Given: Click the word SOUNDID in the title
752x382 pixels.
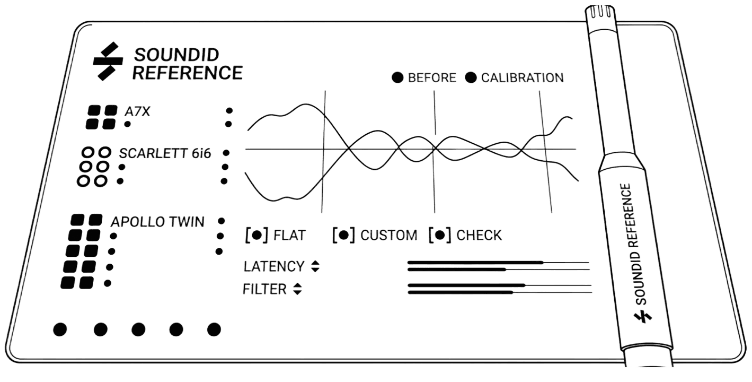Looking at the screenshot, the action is pyautogui.click(x=176, y=54).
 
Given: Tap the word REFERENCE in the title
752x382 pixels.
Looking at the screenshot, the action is pyautogui.click(x=187, y=73).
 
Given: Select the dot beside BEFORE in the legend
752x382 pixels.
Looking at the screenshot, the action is pyautogui.click(x=397, y=77).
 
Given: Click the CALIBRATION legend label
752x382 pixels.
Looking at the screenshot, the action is pyautogui.click(x=522, y=77).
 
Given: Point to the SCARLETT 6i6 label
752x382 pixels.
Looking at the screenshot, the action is pyautogui.click(x=165, y=153).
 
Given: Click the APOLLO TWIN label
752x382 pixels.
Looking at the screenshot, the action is pyautogui.click(x=157, y=222).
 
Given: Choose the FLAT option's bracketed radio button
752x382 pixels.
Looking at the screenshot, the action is pyautogui.click(x=257, y=234).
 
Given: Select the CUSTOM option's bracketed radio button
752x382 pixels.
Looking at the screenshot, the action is pyautogui.click(x=343, y=234).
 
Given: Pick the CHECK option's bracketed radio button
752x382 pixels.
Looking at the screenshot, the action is pyautogui.click(x=439, y=234).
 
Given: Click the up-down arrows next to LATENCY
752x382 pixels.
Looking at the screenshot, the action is pyautogui.click(x=315, y=266).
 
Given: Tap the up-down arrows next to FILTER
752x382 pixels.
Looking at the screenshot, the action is pyautogui.click(x=297, y=289).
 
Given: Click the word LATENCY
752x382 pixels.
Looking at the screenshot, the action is pyautogui.click(x=273, y=266).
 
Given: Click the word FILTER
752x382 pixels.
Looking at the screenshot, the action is pyautogui.click(x=264, y=289).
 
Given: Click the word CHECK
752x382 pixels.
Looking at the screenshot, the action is pyautogui.click(x=479, y=235).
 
